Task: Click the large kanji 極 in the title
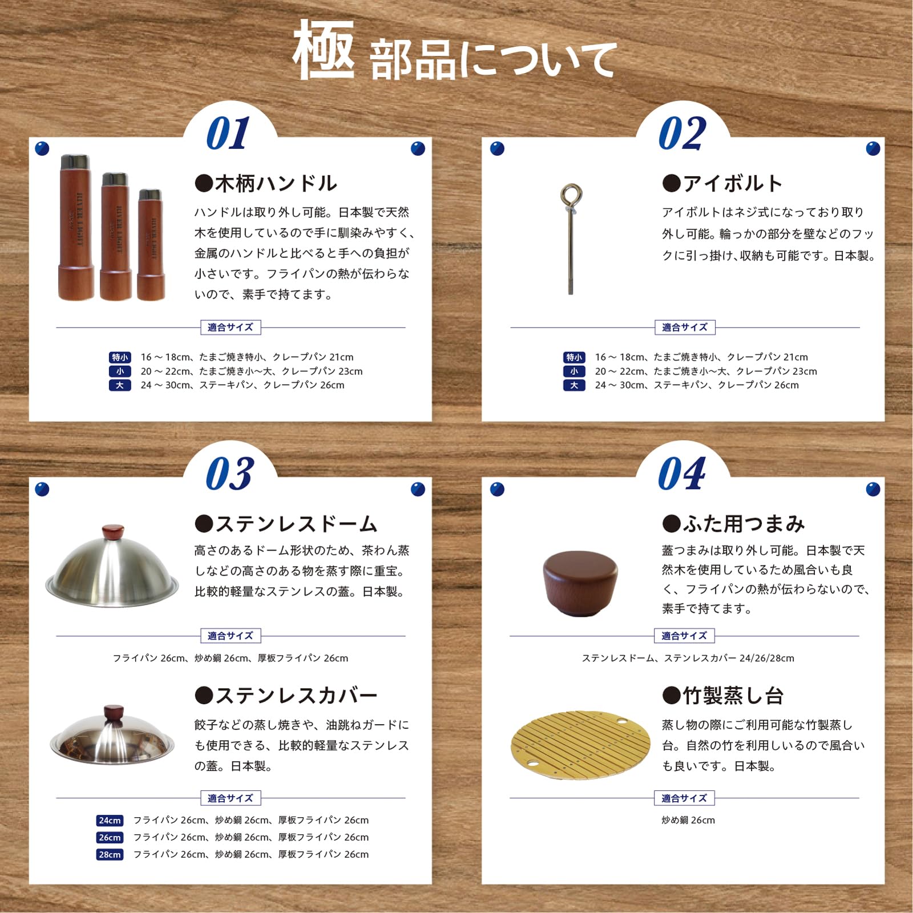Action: pyautogui.click(x=324, y=50)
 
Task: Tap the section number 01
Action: pyautogui.click(x=228, y=133)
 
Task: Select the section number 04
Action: pyautogui.click(x=682, y=474)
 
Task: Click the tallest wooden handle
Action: pyautogui.click(x=76, y=227)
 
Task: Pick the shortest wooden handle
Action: pyautogui.click(x=151, y=244)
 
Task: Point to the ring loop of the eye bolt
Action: pyautogui.click(x=571, y=194)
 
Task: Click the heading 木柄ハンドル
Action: pyautogui.click(x=266, y=184)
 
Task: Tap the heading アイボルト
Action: pyautogui.click(x=722, y=184)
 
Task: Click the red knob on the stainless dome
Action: pyautogui.click(x=112, y=532)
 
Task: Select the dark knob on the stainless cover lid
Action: pyautogui.click(x=114, y=714)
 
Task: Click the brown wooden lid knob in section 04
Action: pyautogui.click(x=580, y=583)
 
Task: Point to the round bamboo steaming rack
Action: pyautogui.click(x=580, y=745)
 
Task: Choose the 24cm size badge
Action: pyautogui.click(x=110, y=821)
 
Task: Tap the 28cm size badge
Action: pyautogui.click(x=110, y=854)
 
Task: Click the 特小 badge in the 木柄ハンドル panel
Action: pyautogui.click(x=120, y=357)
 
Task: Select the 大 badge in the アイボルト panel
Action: pyautogui.click(x=574, y=385)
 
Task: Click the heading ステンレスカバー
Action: pyautogui.click(x=286, y=696)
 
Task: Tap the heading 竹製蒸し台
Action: pyautogui.click(x=723, y=696)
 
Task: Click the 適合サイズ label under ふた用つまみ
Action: pyautogui.click(x=684, y=636)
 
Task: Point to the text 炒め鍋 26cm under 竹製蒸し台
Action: pyautogui.click(x=688, y=820)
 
